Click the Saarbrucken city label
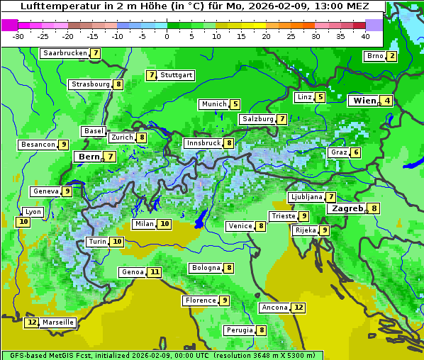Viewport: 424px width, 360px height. click(65, 53)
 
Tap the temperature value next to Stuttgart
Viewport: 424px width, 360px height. click(151, 75)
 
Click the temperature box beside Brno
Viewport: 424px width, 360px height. click(391, 57)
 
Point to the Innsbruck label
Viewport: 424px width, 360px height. click(203, 143)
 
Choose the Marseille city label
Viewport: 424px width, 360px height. click(58, 322)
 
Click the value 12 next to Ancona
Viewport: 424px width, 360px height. click(299, 308)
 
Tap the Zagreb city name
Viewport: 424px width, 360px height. click(347, 208)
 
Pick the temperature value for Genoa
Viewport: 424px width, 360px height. click(154, 272)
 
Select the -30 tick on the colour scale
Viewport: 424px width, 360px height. click(18, 36)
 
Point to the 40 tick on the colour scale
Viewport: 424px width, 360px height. click(365, 36)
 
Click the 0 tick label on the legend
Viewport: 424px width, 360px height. click(167, 36)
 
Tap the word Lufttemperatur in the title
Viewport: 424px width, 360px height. click(53, 6)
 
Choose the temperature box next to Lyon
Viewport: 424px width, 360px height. click(24, 222)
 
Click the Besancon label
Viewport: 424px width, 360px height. click(38, 145)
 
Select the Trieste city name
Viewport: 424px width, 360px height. click(283, 216)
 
